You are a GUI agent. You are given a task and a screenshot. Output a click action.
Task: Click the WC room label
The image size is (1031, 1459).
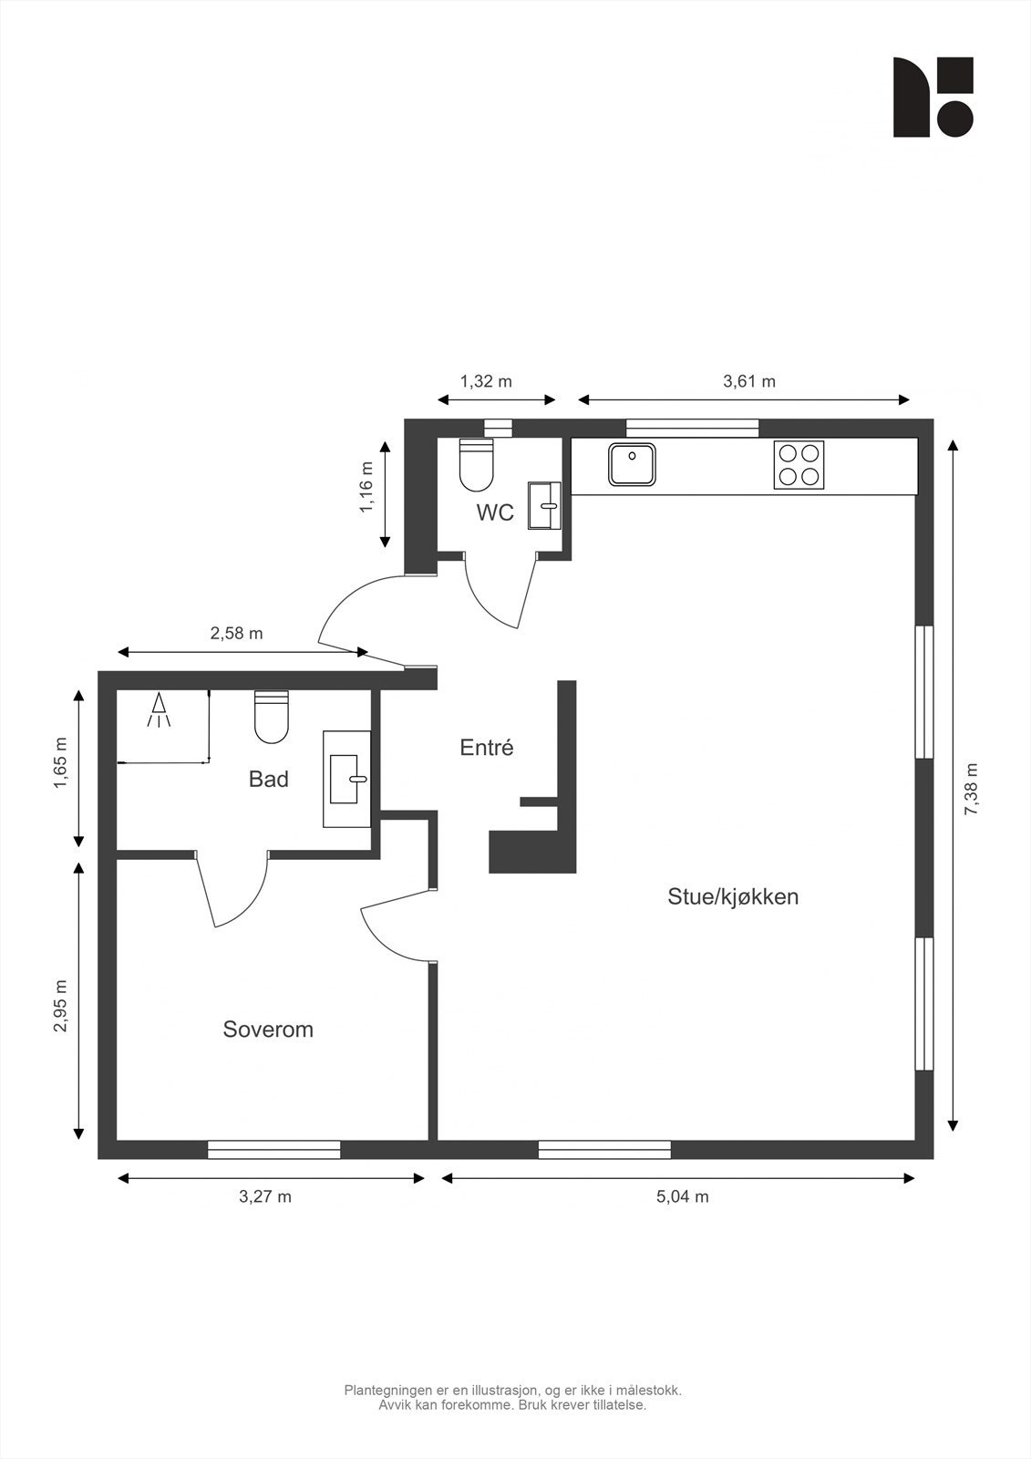(x=495, y=512)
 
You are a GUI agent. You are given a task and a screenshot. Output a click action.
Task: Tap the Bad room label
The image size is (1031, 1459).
(x=268, y=779)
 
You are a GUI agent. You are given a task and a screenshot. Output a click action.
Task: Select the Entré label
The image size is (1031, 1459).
(x=487, y=747)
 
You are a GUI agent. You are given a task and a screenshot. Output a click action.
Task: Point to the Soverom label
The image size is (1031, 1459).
(x=268, y=1030)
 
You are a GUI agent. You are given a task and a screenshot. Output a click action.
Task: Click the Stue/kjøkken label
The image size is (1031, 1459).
(x=733, y=897)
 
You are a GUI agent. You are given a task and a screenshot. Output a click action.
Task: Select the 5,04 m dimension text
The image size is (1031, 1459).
(x=682, y=1196)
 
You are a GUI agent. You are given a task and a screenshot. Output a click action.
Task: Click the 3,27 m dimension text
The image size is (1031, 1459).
(x=265, y=1196)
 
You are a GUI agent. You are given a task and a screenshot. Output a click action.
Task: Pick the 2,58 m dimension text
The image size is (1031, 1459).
(x=236, y=633)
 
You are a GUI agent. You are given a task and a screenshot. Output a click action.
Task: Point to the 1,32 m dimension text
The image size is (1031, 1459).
(x=486, y=381)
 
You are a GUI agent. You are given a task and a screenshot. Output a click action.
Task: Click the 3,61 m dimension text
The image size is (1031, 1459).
(x=749, y=381)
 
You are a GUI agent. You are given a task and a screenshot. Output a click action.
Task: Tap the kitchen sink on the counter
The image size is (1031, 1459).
(x=632, y=464)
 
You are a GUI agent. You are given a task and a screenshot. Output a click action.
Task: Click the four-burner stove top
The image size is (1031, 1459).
(x=799, y=465)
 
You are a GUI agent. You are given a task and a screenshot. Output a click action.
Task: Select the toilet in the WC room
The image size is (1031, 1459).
(x=476, y=465)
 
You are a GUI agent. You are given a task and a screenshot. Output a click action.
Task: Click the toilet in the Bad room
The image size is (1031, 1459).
(x=271, y=717)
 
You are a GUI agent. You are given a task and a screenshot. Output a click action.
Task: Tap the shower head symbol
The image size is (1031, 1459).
(x=158, y=710)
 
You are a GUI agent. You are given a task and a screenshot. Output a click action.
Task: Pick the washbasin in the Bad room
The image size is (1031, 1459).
(x=347, y=779)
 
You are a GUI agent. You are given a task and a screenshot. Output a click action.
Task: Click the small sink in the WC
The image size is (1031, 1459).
(x=544, y=505)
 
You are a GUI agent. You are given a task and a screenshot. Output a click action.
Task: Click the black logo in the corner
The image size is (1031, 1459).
(x=933, y=97)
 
